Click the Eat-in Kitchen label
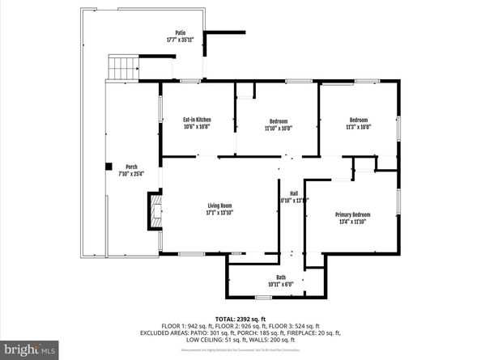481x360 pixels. [x=197, y=120]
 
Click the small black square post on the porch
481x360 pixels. [x=107, y=167]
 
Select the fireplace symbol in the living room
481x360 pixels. [x=153, y=212]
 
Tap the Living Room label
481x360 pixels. [x=220, y=206]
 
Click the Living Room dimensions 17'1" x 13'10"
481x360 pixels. [x=220, y=214]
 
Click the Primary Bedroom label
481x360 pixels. [x=352, y=214]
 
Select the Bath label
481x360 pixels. [x=280, y=277]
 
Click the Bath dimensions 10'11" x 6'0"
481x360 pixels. [x=280, y=285]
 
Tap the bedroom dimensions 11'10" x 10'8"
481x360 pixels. [x=279, y=128]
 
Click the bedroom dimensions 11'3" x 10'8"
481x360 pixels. [x=358, y=127]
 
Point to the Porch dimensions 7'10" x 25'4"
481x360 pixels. [x=130, y=173]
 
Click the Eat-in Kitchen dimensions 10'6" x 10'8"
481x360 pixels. [x=197, y=127]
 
